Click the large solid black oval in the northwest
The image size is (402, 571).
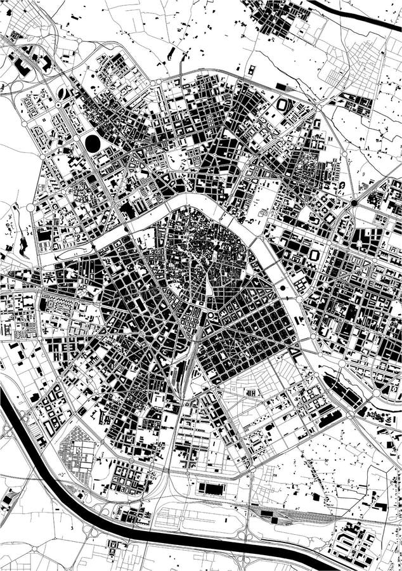tap(93, 143)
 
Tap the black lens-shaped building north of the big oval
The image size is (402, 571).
tap(62, 93)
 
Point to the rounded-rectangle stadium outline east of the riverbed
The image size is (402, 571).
tap(314, 254)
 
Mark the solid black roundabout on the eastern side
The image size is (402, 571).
tap(354, 203)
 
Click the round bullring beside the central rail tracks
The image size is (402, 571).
tap(210, 315)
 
